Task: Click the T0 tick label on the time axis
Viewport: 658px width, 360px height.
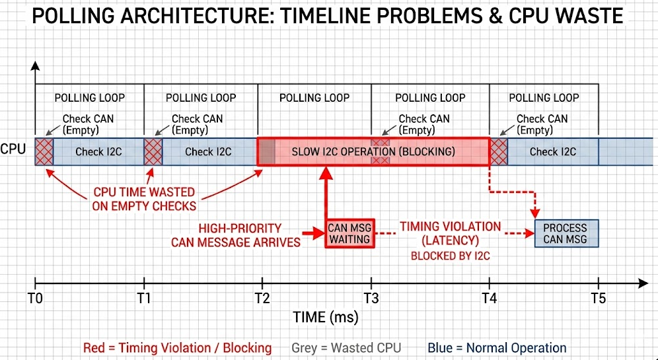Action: [x=36, y=299]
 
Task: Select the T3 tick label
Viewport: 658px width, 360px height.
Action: [x=372, y=299]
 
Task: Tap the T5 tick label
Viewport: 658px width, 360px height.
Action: [x=598, y=299]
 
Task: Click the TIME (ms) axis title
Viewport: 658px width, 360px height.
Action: [x=326, y=318]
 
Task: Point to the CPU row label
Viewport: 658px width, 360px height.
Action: [x=13, y=149]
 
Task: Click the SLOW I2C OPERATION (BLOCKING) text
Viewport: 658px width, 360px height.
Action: [x=373, y=151]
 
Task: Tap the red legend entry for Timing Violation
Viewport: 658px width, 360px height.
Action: [x=177, y=348]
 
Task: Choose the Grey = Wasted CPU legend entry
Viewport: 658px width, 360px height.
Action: [x=346, y=348]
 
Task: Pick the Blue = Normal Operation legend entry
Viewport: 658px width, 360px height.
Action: [x=497, y=348]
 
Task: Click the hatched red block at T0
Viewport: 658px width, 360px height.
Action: [x=44, y=151]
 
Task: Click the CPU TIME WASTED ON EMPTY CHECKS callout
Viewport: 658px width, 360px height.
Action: [x=144, y=199]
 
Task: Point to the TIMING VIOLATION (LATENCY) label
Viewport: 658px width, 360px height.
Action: [x=450, y=233]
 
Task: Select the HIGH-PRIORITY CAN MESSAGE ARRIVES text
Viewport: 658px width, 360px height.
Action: [x=236, y=235]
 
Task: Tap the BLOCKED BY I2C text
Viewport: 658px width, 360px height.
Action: [x=449, y=254]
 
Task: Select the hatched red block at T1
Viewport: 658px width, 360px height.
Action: [x=153, y=151]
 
